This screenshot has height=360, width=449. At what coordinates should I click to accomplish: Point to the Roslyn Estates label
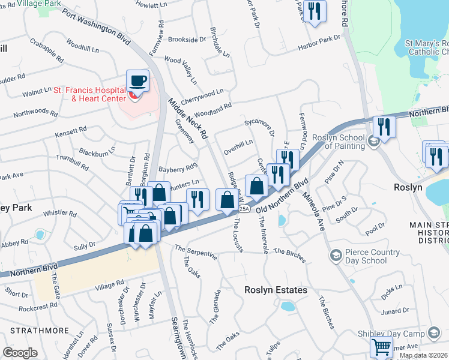click(276, 290)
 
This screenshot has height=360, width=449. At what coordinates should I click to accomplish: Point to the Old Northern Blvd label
click(282, 195)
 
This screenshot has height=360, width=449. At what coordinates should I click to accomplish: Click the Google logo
click(20, 352)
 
